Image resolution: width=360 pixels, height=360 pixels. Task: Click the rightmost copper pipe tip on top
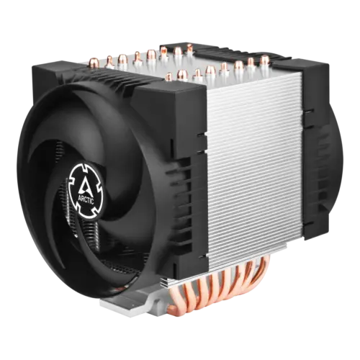click(265, 58)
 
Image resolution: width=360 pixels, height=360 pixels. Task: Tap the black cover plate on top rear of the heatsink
click(230, 52)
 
